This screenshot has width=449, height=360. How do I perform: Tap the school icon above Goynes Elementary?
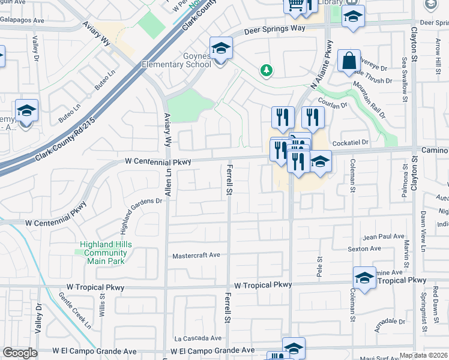(x=221, y=49)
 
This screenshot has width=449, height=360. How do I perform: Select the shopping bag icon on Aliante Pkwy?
(x=349, y=61)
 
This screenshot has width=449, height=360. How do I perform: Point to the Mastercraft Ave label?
(x=196, y=255)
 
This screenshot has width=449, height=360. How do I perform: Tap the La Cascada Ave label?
(x=197, y=338)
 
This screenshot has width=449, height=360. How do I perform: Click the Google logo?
(x=20, y=353)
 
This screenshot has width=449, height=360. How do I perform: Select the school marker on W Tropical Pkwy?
(x=364, y=278)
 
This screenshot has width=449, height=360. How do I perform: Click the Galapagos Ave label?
(x=22, y=20)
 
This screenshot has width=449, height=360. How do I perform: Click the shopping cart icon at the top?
(x=295, y=5)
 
